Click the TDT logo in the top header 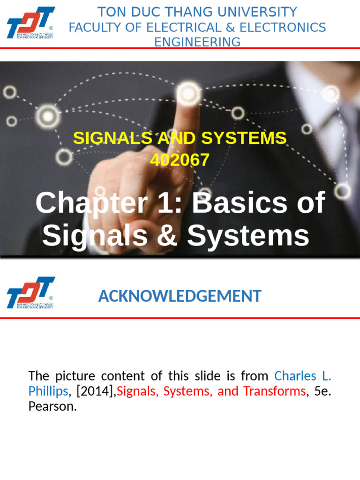click(x=30, y=22)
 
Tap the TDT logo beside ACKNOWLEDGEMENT click(x=30, y=292)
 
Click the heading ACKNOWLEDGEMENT click(x=180, y=296)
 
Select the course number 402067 click(x=180, y=160)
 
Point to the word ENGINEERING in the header click(x=197, y=42)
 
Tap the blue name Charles click(x=295, y=376)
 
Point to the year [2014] click(x=93, y=391)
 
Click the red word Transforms click(x=274, y=391)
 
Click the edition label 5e click(x=322, y=391)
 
